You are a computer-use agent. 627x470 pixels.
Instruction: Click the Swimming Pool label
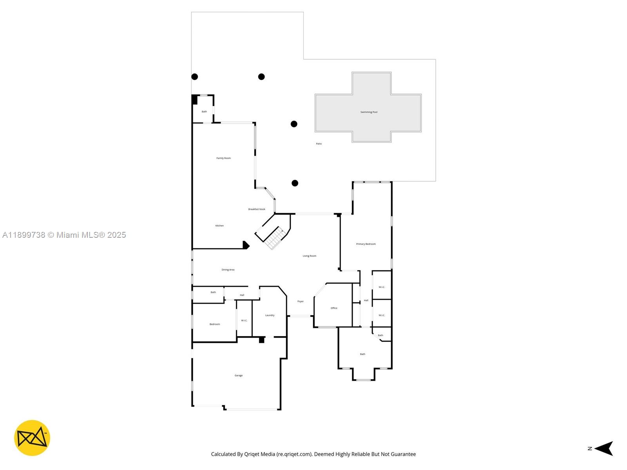(369, 112)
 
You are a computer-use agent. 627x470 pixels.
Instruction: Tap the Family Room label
(223, 158)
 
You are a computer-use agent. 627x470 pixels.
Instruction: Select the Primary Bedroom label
(366, 244)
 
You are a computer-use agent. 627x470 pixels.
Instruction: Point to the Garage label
(239, 376)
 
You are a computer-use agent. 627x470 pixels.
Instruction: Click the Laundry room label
(270, 315)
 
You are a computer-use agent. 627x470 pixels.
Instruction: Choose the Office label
(334, 308)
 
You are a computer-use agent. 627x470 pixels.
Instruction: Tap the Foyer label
(300, 302)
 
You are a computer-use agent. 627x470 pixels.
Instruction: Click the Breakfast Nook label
(257, 209)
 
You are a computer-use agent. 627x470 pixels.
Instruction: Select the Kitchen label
(219, 226)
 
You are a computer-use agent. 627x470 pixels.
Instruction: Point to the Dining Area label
(228, 270)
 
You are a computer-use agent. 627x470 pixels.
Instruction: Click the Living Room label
(309, 256)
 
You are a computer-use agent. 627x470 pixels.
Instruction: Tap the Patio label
(319, 144)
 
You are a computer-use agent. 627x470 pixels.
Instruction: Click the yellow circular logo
(32, 438)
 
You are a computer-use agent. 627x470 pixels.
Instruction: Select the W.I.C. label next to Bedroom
(244, 321)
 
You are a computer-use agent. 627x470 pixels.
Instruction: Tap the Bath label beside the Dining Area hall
(213, 292)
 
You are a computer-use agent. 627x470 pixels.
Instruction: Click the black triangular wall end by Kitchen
(246, 245)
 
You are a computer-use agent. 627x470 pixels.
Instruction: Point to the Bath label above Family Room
(204, 112)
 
